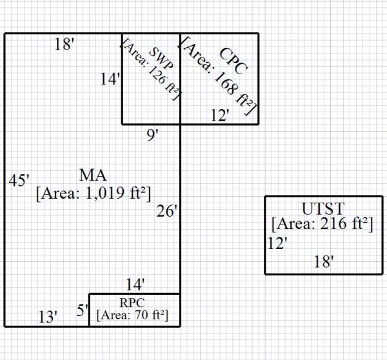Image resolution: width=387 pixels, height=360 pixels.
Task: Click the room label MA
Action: coord(94,175)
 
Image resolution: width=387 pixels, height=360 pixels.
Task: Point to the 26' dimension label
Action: coord(166,211)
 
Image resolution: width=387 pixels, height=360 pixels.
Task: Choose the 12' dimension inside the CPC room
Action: coord(221,115)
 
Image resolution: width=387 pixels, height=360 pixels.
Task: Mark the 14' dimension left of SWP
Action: coord(111,79)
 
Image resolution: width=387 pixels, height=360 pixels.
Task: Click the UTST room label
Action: coord(323,209)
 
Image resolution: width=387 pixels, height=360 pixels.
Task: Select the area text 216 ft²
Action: coord(323,224)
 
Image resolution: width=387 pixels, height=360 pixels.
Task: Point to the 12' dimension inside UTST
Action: coord(277,244)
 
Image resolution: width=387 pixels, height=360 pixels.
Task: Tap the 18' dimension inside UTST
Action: coord(324,261)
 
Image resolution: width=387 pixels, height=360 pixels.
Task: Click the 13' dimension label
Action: coord(48,317)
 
